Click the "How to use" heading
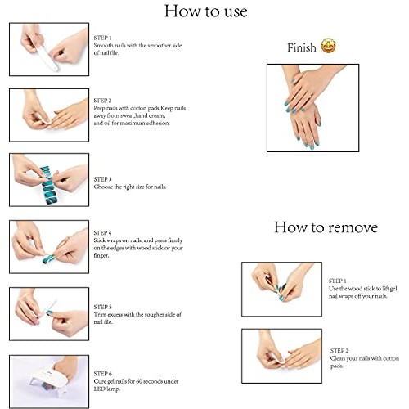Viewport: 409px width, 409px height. coord(206,11)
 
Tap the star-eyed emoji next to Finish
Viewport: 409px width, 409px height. coord(328,46)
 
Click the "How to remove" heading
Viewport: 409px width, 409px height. coord(326,227)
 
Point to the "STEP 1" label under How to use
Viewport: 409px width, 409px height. coord(102,38)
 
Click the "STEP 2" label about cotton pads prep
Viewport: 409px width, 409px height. coord(102,101)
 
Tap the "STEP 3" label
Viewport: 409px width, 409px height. coord(102,179)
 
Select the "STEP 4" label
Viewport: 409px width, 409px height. coord(102,233)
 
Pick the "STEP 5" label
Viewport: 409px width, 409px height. coord(102,307)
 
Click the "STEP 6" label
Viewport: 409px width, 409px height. coord(102,374)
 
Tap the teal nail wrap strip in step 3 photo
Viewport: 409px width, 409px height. coord(48,186)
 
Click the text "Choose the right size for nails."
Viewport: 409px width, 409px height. coord(130,187)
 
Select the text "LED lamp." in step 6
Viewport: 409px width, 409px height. coord(107,389)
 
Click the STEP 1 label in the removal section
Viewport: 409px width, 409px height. coord(338,281)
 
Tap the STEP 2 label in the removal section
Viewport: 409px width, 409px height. coord(339,351)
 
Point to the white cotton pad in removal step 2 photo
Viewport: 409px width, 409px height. coord(276,357)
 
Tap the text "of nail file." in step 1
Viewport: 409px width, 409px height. coord(106,53)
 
